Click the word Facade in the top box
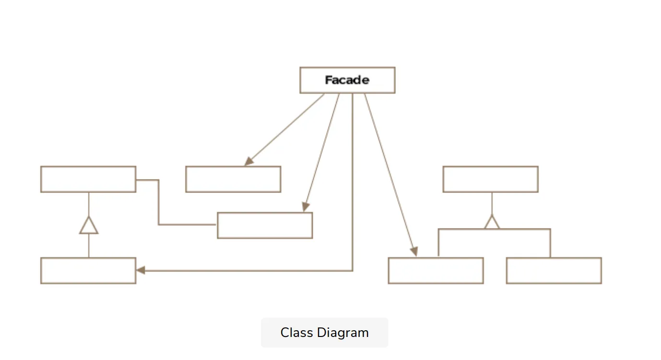(347, 80)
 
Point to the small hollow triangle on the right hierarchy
(492, 223)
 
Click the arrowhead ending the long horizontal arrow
(141, 270)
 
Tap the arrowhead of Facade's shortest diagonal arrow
(249, 161)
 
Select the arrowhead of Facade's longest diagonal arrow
(414, 251)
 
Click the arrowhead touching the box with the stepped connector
(305, 207)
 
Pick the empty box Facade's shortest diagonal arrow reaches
(233, 180)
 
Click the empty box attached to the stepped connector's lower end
(265, 225)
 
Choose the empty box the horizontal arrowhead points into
(88, 271)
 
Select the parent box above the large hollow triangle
(88, 180)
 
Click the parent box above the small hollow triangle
(490, 180)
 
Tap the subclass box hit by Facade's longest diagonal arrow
(436, 271)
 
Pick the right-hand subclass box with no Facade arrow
(554, 271)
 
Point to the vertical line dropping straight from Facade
(353, 182)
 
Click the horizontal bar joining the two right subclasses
(494, 229)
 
